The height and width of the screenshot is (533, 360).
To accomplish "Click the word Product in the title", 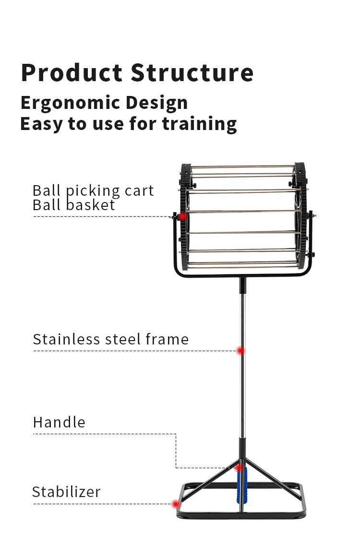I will click(72, 73).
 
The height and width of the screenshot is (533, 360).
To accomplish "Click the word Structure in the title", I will click(192, 73).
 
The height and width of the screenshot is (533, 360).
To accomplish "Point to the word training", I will click(199, 124).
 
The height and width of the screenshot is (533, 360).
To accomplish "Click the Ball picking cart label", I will click(93, 190).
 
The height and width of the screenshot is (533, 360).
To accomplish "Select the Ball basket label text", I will click(74, 205).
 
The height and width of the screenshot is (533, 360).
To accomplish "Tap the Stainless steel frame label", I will click(110, 339).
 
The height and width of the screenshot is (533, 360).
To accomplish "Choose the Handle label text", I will click(59, 423).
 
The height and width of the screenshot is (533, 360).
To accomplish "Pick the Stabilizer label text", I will click(66, 492).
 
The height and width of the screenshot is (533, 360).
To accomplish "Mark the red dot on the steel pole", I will click(241, 351).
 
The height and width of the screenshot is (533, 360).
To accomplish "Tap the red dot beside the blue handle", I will click(238, 467).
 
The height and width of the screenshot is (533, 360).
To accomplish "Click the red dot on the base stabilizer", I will click(176, 504).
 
